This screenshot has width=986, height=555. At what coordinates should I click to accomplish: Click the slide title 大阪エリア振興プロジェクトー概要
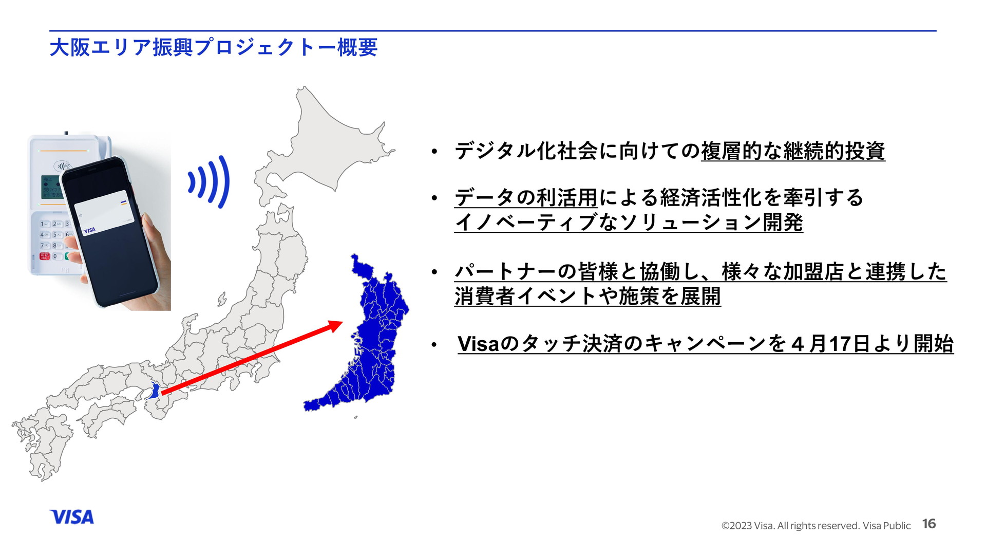[214, 47]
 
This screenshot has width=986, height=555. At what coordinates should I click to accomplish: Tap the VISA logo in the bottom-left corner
[72, 517]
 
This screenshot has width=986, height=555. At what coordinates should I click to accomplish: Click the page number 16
[929, 524]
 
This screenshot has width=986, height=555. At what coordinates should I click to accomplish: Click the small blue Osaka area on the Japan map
[154, 392]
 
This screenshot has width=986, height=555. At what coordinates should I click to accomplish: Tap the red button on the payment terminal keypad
[45, 256]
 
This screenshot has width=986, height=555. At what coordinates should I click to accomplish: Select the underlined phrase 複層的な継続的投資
[793, 151]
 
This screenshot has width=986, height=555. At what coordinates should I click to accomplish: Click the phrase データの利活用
[526, 197]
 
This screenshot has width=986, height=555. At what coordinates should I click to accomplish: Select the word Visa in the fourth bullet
[478, 344]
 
